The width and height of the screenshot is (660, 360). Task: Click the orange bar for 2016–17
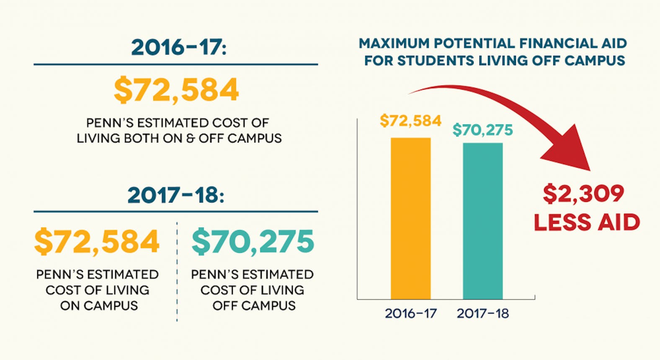[410, 218]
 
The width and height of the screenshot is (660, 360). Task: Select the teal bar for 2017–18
[482, 221]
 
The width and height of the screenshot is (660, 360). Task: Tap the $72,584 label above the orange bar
[410, 121]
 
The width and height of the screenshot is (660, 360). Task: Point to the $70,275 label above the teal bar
[482, 130]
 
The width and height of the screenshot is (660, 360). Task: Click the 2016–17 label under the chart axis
[410, 313]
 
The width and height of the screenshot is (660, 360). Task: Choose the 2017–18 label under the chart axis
[482, 313]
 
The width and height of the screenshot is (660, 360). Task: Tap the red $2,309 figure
[583, 194]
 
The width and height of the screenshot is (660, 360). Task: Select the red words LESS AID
[587, 222]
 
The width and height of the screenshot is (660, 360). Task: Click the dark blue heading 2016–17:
[178, 47]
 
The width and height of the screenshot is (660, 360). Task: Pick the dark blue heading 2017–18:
[176, 195]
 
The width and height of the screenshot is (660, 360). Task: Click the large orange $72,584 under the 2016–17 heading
[176, 90]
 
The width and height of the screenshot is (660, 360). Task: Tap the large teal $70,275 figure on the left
[253, 242]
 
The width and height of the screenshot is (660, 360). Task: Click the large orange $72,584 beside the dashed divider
[97, 242]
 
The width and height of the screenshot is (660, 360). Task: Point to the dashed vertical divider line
[177, 272]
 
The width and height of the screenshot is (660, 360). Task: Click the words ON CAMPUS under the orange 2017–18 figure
[99, 306]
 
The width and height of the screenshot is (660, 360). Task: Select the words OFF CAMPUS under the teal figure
[254, 306]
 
